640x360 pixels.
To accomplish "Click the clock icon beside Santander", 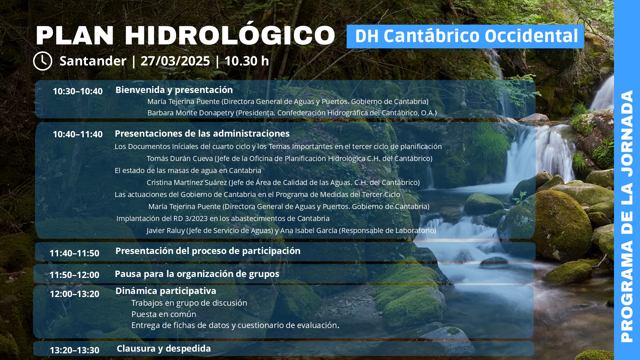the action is point(43,61).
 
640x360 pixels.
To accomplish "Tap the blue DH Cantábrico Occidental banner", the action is point(465,36).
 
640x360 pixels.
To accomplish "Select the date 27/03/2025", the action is point(175,61).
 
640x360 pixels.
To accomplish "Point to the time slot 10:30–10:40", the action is point(78,91).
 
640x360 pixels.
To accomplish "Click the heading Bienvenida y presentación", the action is point(174,90).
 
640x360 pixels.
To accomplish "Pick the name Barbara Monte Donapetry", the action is point(191,113).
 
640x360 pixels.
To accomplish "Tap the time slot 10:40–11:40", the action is point(78,134).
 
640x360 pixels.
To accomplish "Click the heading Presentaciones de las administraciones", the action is point(202,134).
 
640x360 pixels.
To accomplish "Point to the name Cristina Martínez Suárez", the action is point(187,183).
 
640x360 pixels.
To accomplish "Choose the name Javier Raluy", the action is point(166,231).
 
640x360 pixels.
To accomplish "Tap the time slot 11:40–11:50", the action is point(74,253).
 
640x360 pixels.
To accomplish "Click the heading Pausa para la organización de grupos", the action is point(197,274).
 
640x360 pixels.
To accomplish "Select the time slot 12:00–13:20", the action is point(74,294).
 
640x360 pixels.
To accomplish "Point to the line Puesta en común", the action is point(164,314).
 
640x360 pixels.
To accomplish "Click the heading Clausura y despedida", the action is point(164,349).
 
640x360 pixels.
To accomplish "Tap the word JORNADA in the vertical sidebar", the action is point(627,133).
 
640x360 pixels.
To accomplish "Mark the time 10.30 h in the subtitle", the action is point(247,61).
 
